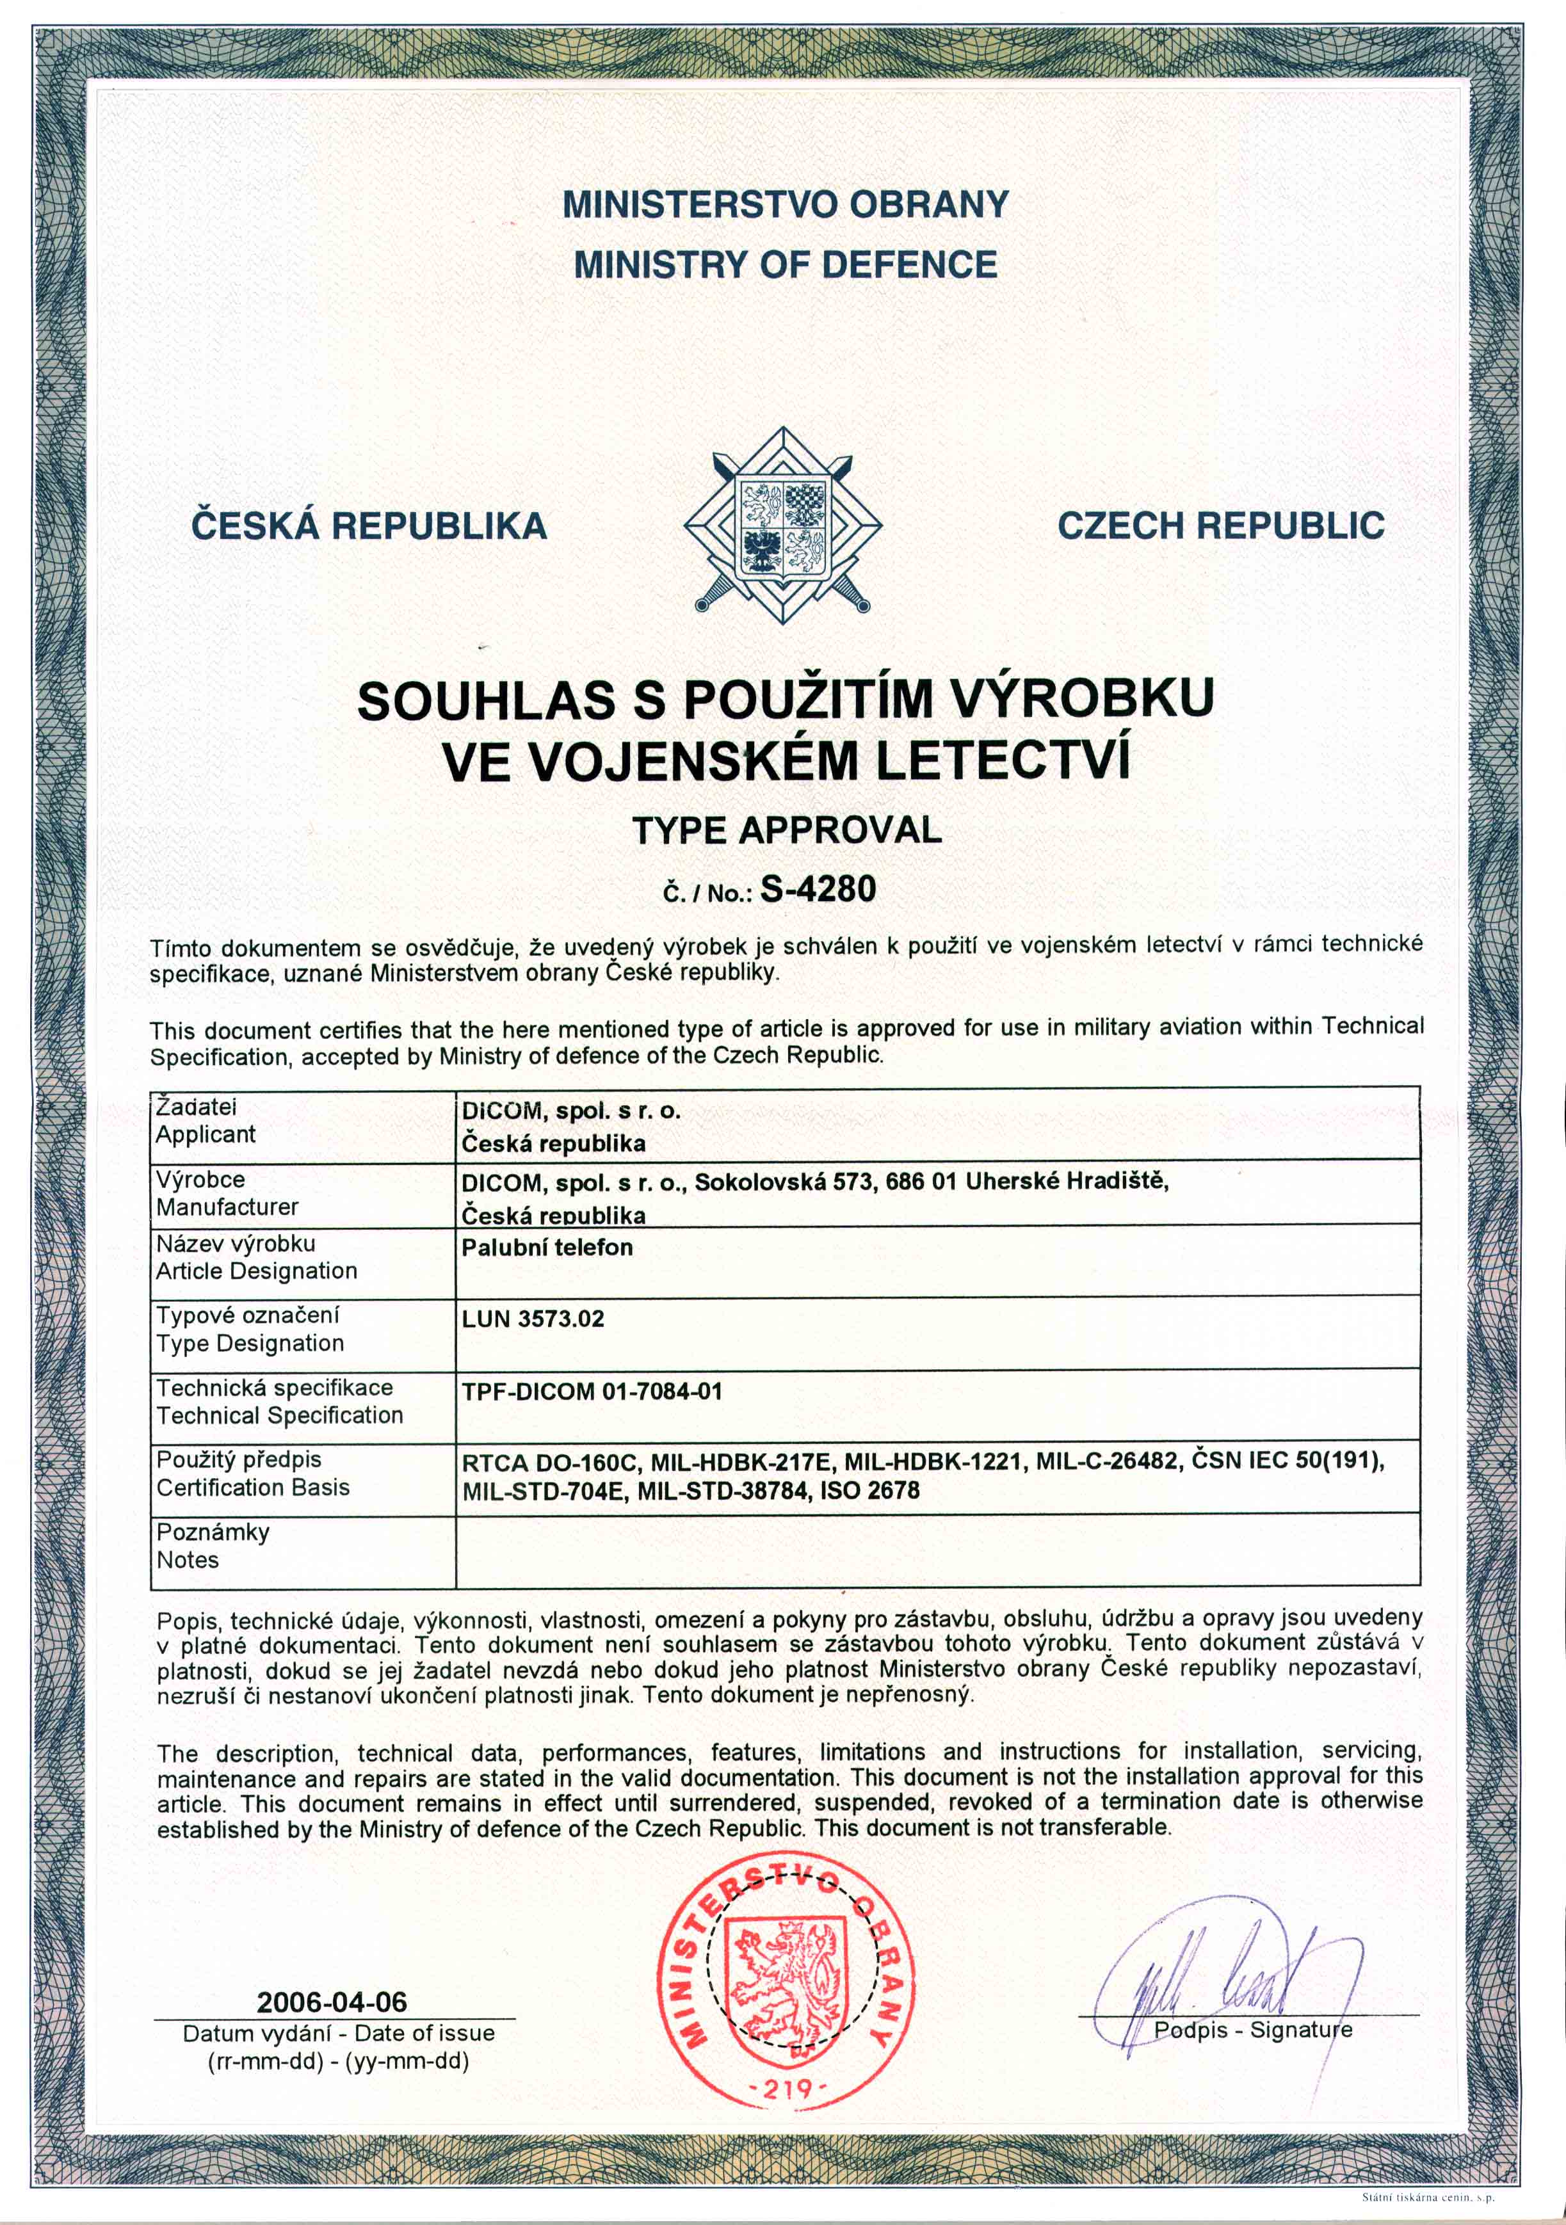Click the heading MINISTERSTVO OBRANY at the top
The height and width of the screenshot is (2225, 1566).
pyautogui.click(x=785, y=204)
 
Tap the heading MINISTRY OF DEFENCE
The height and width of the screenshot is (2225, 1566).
pyautogui.click(x=785, y=264)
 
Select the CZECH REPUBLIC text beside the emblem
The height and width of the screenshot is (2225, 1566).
pyautogui.click(x=1220, y=526)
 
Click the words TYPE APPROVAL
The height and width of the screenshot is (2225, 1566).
pyautogui.click(x=786, y=830)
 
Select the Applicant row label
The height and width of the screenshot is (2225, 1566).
pyautogui.click(x=206, y=1135)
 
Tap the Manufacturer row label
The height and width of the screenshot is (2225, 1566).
pyautogui.click(x=227, y=1207)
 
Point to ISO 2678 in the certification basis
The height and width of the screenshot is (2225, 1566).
pyautogui.click(x=869, y=1491)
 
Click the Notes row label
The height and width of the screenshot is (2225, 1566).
pyautogui.click(x=188, y=1560)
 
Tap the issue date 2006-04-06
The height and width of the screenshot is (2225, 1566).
pyautogui.click(x=332, y=2002)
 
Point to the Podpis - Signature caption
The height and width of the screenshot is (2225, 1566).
pyautogui.click(x=1252, y=2029)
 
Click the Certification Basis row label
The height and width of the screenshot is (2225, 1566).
pyautogui.click(x=253, y=1488)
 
